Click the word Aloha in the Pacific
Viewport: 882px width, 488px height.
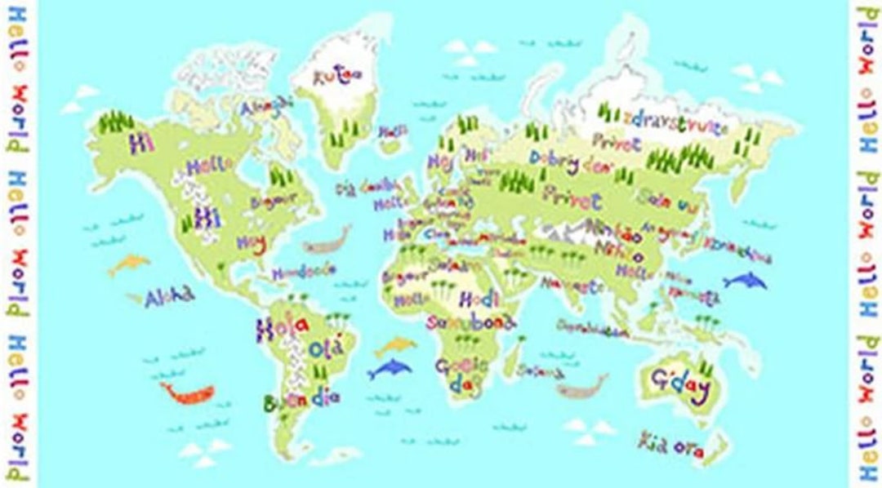pyautogui.click(x=170, y=297)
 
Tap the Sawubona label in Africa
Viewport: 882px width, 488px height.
pyautogui.click(x=471, y=322)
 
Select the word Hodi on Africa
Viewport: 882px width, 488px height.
pyautogui.click(x=479, y=299)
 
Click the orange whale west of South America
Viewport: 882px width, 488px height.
pyautogui.click(x=188, y=393)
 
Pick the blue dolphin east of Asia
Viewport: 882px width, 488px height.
pyautogui.click(x=745, y=282)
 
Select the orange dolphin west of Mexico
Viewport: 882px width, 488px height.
pyautogui.click(x=129, y=263)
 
